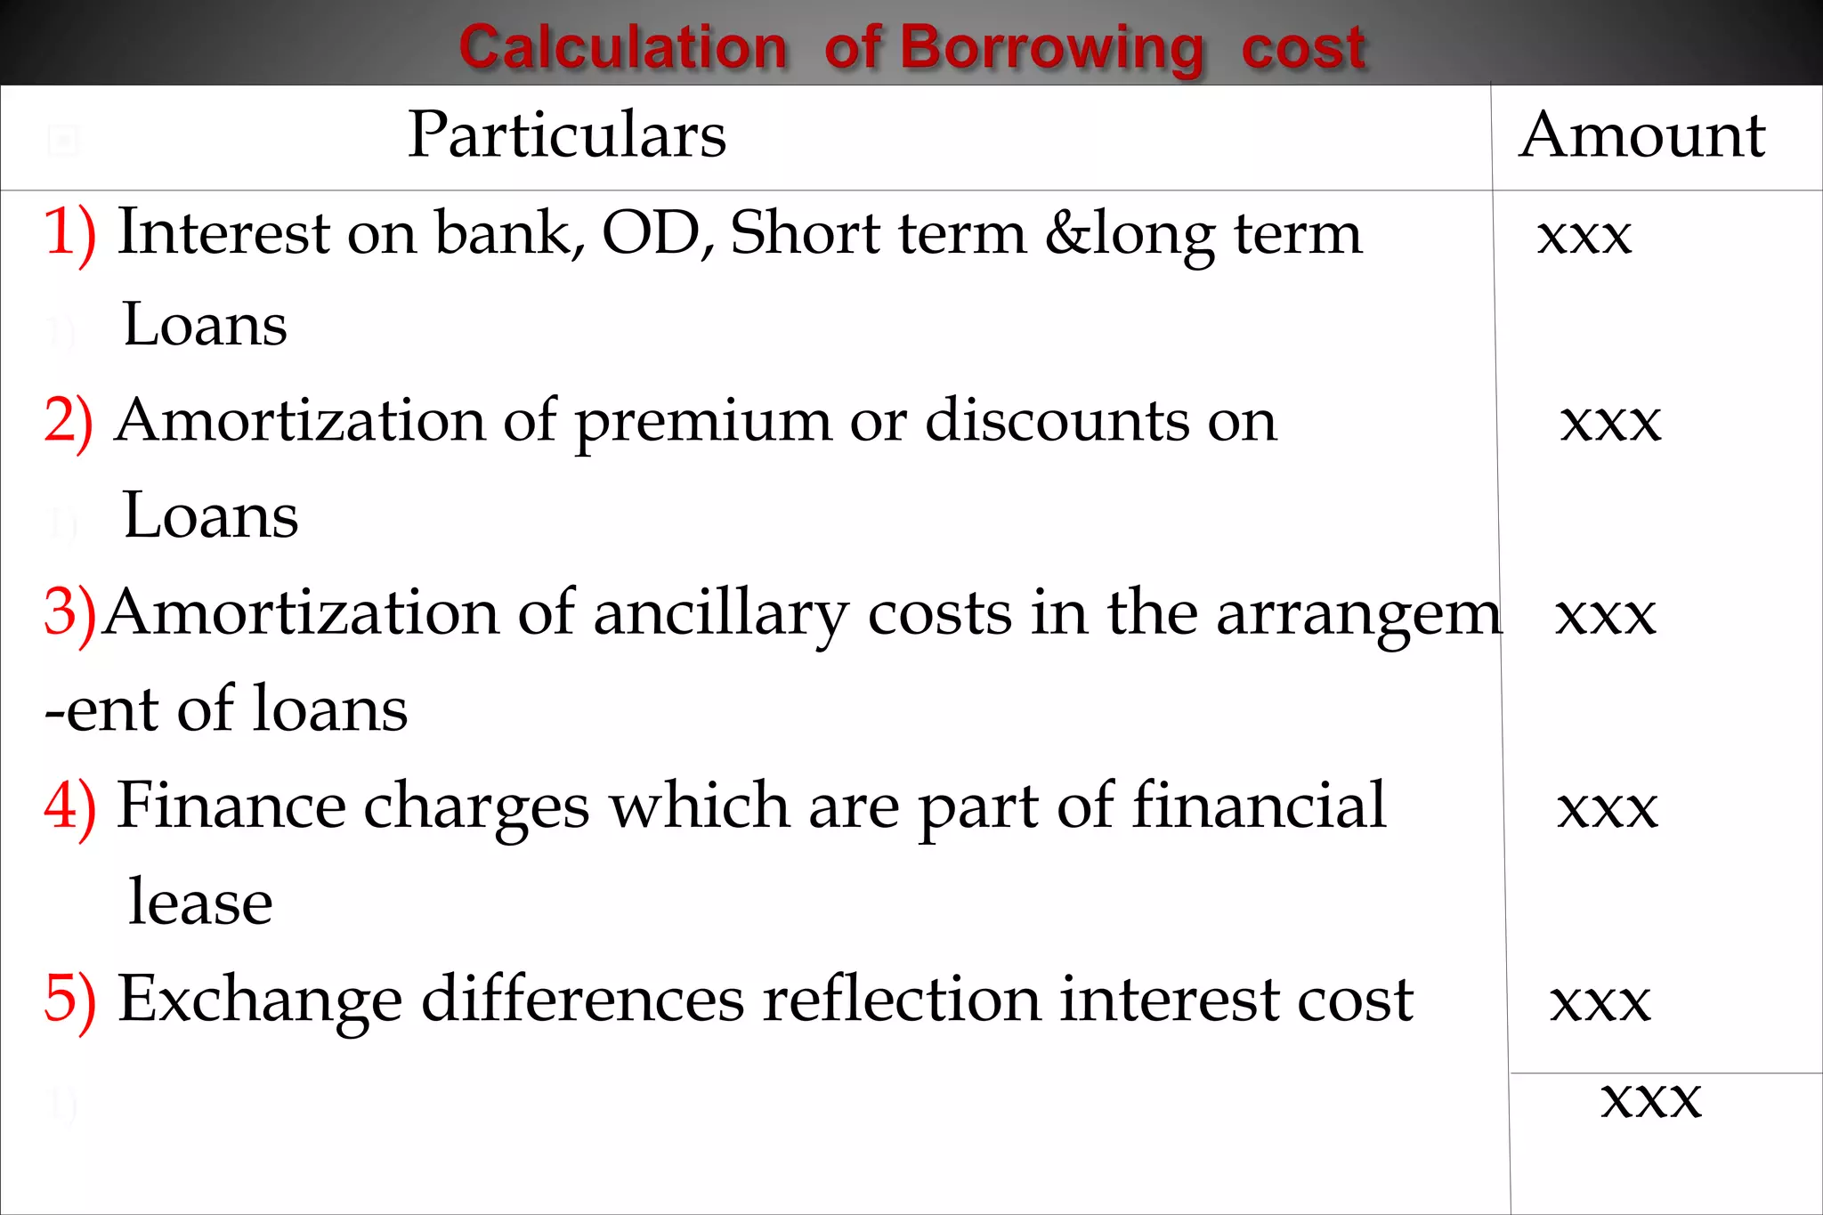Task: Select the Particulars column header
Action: click(x=567, y=135)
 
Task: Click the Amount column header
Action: click(x=1642, y=135)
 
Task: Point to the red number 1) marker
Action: click(x=69, y=233)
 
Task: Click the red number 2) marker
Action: click(x=69, y=421)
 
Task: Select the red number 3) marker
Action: click(x=69, y=613)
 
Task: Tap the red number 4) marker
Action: click(x=69, y=806)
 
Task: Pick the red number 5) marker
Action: click(x=69, y=1000)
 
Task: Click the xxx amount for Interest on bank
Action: click(x=1584, y=237)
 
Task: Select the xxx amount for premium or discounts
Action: click(x=1610, y=422)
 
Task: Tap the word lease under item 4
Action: click(x=200, y=903)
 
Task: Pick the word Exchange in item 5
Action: click(x=260, y=1000)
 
